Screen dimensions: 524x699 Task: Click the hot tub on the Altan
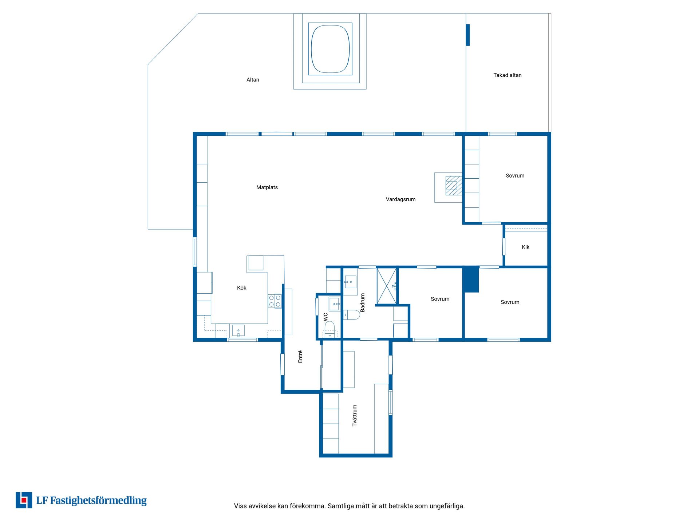point(330,49)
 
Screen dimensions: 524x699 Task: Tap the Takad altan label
point(507,75)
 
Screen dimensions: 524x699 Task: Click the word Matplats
point(267,187)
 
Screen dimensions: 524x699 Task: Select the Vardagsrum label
point(400,199)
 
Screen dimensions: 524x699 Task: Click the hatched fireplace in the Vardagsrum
point(454,186)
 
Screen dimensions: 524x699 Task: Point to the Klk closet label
point(525,247)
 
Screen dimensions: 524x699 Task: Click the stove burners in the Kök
point(275,301)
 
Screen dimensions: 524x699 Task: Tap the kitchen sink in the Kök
point(238,331)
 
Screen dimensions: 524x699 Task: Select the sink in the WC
point(334,303)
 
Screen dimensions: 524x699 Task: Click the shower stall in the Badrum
point(387,286)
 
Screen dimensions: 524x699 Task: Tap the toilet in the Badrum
point(352,314)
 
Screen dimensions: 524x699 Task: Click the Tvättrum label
point(355,415)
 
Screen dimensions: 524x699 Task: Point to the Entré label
point(300,356)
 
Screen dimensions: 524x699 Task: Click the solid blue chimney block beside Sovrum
point(471,279)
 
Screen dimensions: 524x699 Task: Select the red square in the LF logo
point(24,500)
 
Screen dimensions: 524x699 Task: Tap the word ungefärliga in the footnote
point(447,506)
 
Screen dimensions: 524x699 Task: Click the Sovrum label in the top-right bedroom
point(515,176)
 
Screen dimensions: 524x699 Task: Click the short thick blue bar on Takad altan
point(468,35)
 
